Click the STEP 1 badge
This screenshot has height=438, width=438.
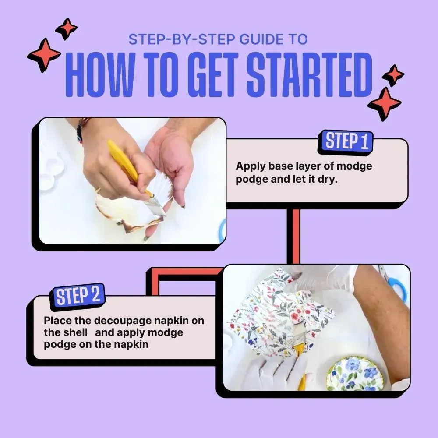point(345,142)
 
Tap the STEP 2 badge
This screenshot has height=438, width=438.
point(78,297)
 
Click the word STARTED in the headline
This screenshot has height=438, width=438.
point(310,74)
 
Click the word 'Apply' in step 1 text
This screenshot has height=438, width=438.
point(251,166)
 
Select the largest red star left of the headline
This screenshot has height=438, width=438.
point(44,55)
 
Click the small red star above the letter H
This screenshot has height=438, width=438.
point(67,28)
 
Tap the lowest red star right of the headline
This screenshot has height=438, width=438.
point(385,104)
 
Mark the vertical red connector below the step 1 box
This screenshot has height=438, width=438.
point(293,237)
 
